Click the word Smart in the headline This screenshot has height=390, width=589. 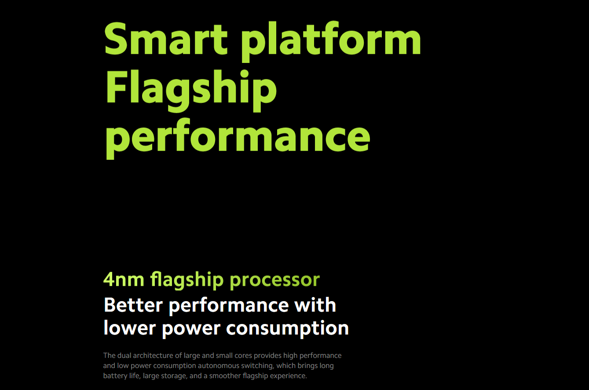point(166,38)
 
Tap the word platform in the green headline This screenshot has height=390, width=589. point(331,41)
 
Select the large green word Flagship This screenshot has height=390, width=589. point(191,91)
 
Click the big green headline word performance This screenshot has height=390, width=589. point(238,138)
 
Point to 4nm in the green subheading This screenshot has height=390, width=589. point(124,280)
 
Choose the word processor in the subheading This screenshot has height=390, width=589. point(275,281)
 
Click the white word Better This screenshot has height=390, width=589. point(133,305)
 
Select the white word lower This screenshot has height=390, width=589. point(130,328)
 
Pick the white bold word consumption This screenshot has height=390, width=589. point(287,329)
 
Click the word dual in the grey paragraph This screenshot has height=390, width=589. point(124,355)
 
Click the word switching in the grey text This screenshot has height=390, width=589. point(257,366)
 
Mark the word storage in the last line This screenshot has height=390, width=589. point(174,376)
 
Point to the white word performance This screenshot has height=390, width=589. point(229,305)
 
